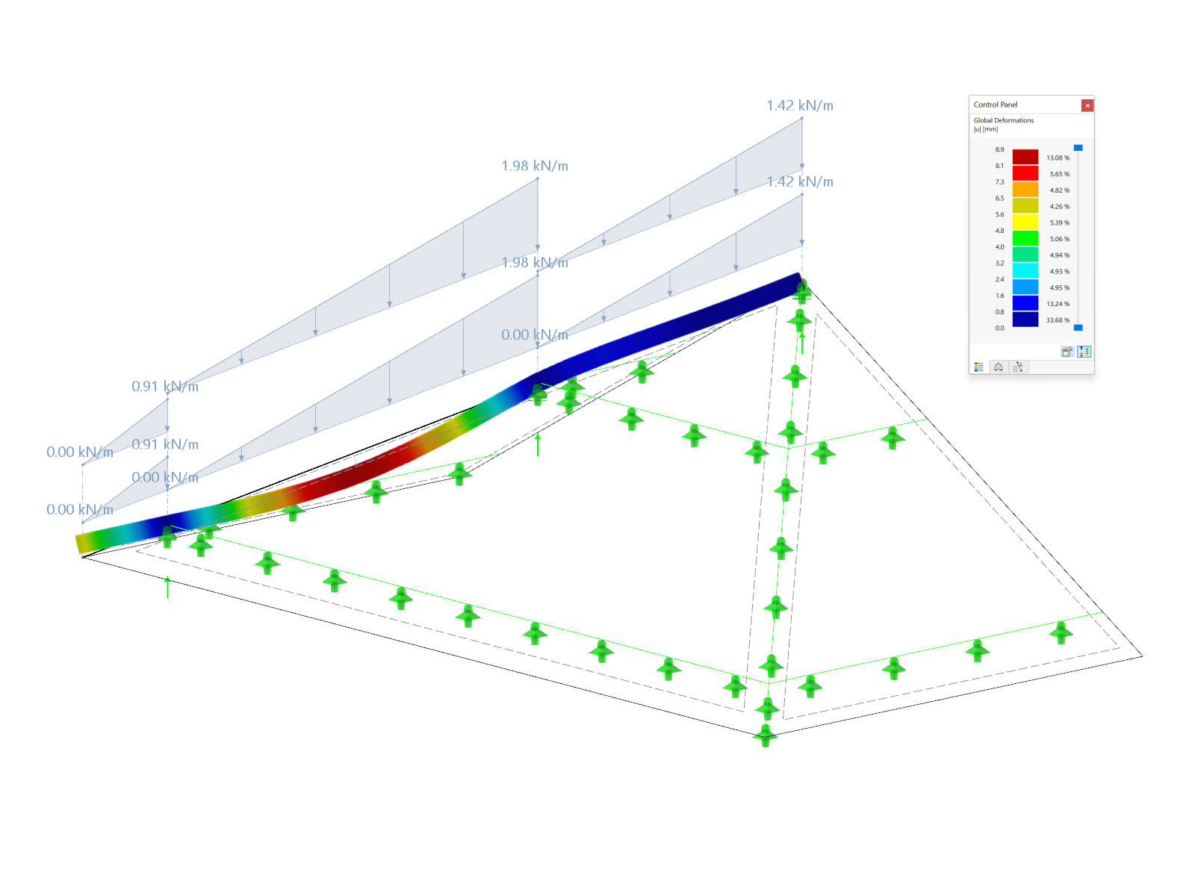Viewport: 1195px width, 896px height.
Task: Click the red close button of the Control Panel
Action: [x=1087, y=105]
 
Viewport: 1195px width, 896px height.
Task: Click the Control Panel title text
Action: [x=996, y=105]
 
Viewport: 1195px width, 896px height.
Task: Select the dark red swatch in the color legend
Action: [x=1025, y=157]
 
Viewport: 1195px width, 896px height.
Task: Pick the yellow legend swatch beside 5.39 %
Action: [x=1025, y=222]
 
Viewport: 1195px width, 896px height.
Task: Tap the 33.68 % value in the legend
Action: [x=1058, y=320]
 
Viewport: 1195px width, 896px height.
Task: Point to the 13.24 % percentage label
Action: [x=1058, y=304]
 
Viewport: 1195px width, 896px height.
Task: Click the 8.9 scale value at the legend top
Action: [x=999, y=149]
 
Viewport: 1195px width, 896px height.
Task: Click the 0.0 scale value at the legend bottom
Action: [x=999, y=328]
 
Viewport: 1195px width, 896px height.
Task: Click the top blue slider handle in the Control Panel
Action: [x=1078, y=148]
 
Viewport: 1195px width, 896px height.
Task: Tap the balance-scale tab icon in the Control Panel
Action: [x=999, y=367]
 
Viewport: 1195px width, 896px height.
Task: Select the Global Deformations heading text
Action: [x=1003, y=120]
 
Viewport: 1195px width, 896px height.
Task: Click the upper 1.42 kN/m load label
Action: [x=799, y=106]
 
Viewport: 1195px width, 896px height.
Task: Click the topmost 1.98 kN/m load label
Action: [x=534, y=166]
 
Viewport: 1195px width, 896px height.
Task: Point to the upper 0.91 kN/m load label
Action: [x=164, y=386]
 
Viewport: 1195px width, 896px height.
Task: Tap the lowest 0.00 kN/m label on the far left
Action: [x=79, y=509]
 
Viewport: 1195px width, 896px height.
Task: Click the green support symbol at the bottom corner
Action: [x=765, y=735]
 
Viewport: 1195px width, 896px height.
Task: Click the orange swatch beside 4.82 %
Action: [x=1025, y=190]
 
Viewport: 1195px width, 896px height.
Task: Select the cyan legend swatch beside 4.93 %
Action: [x=1025, y=271]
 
